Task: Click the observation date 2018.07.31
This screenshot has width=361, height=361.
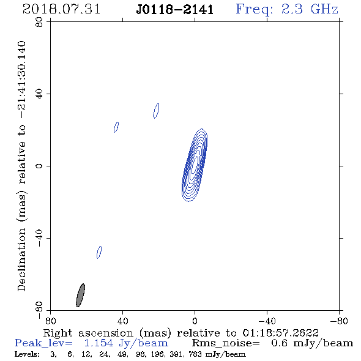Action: pyautogui.click(x=61, y=9)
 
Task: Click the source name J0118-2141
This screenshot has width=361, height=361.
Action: pyautogui.click(x=175, y=10)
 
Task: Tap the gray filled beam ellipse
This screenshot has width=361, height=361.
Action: pyautogui.click(x=80, y=295)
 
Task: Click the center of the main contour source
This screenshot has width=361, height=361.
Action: pyautogui.click(x=195, y=165)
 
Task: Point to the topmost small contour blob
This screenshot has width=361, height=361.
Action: pyautogui.click(x=156, y=111)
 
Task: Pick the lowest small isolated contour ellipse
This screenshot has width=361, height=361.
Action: pyautogui.click(x=99, y=252)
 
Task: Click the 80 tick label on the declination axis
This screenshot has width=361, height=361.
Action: pyautogui.click(x=39, y=22)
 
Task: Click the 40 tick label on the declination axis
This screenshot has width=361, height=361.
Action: pyautogui.click(x=39, y=94)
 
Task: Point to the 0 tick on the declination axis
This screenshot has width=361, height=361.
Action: pyautogui.click(x=39, y=166)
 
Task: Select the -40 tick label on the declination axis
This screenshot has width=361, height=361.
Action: pyautogui.click(x=39, y=238)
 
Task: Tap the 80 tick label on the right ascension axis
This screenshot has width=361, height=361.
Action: pyautogui.click(x=50, y=321)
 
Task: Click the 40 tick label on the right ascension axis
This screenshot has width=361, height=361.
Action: pyautogui.click(x=122, y=321)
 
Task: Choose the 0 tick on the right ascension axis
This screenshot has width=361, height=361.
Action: pyautogui.click(x=195, y=321)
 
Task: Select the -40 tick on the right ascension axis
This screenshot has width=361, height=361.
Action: pyautogui.click(x=267, y=321)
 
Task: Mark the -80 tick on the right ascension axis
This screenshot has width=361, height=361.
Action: pyautogui.click(x=339, y=321)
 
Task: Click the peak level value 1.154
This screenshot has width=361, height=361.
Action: pyautogui.click(x=99, y=343)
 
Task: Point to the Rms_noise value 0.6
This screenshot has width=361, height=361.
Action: pyautogui.click(x=279, y=343)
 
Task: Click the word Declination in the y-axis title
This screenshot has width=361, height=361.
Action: pyautogui.click(x=21, y=260)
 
